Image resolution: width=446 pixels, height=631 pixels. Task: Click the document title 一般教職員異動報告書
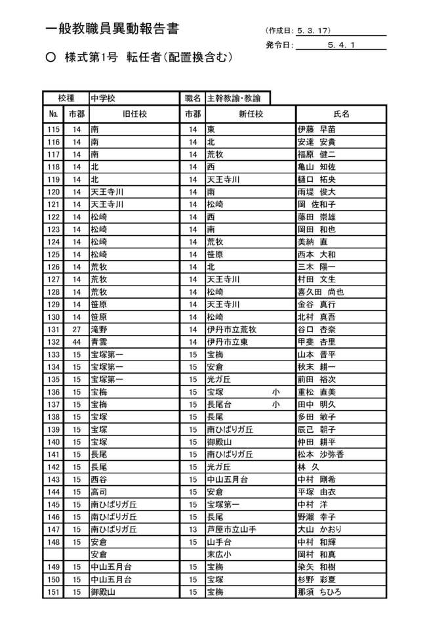112,29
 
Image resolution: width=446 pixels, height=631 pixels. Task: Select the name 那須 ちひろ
319,592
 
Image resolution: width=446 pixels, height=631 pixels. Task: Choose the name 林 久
310,467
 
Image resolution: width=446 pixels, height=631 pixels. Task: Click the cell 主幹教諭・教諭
233,98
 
